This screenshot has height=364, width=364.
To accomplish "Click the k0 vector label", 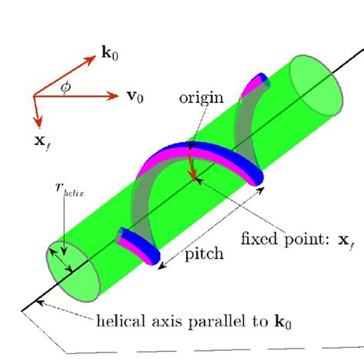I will click(x=110, y=54).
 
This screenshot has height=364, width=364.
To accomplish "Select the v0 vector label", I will click(x=133, y=98).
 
